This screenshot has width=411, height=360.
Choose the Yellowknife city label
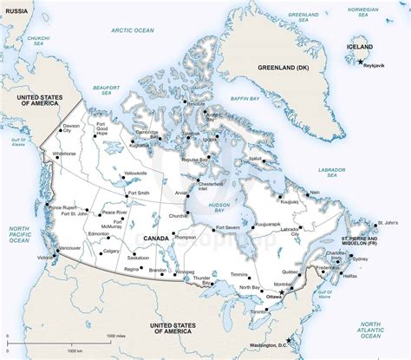click(136, 173)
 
